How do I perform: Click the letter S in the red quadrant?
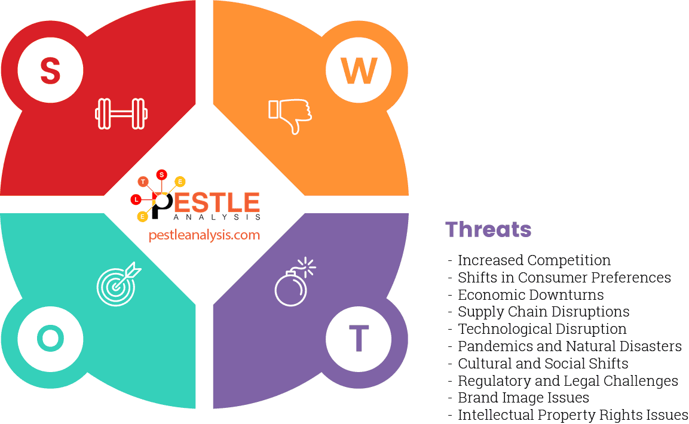(x=50, y=70)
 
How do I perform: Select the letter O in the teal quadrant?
(x=50, y=339)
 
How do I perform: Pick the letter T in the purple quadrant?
(x=359, y=339)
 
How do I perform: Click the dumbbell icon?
(x=121, y=113)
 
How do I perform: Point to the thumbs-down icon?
(x=290, y=115)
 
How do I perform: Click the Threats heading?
(x=488, y=229)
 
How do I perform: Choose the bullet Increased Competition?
(x=534, y=260)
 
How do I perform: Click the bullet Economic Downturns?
(x=530, y=295)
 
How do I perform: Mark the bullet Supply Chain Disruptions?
(x=543, y=312)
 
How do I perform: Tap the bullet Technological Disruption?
(x=542, y=329)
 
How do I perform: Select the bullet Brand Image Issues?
(x=523, y=398)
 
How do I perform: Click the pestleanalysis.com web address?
(x=204, y=235)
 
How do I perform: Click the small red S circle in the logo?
(x=161, y=175)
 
